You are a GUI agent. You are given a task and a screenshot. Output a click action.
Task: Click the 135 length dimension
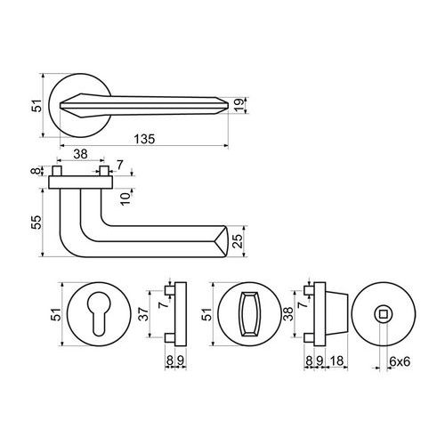click(x=144, y=139)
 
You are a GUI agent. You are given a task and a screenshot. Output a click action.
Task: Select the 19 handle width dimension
click(x=239, y=105)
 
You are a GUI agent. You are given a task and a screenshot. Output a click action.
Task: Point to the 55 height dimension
click(x=36, y=222)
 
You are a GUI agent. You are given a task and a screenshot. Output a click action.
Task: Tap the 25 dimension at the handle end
click(x=238, y=241)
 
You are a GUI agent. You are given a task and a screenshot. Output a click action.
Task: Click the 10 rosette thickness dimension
click(x=125, y=198)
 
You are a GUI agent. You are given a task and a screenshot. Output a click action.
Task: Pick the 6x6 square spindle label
click(x=400, y=361)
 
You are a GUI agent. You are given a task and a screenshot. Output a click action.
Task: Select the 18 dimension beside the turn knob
click(x=336, y=361)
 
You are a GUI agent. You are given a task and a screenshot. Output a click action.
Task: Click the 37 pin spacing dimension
click(x=144, y=314)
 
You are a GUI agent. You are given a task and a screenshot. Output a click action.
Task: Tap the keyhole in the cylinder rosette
click(x=97, y=314)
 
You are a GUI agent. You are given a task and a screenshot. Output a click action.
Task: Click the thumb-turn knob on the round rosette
click(x=249, y=314)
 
